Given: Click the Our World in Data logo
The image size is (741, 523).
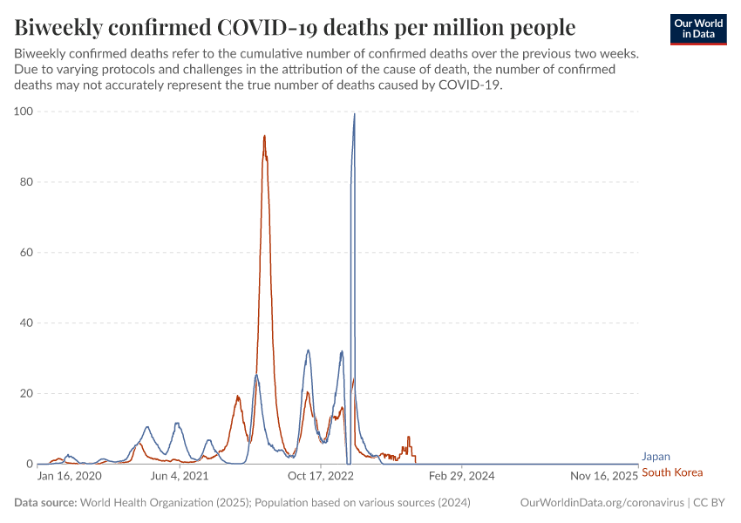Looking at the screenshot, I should coord(697,29).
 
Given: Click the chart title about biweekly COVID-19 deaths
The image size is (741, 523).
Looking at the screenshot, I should coord(295,28).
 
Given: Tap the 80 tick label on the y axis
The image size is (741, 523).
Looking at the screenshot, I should coord(25,182).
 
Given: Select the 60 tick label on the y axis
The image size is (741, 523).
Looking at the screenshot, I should coord(25,253).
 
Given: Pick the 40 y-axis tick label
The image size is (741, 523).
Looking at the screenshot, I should coord(25,323).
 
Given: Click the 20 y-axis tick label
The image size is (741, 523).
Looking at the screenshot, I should coord(25,394).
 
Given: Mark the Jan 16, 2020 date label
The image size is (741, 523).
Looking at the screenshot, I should coord(70,477).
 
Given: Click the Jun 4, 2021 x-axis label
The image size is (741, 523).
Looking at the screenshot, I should coord(179,477).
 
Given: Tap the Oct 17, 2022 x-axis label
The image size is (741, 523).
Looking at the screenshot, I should coord(322,477).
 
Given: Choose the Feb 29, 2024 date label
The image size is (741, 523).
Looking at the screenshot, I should coord(463,477).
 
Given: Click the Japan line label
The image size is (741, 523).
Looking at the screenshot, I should coord(656,456).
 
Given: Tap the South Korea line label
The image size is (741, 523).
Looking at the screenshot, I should coord(671,472).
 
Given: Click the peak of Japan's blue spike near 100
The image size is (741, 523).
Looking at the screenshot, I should coord(354,113).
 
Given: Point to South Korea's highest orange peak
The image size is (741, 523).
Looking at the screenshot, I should coord(264,136).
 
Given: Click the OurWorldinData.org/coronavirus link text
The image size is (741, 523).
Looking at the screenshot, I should coord(601,503).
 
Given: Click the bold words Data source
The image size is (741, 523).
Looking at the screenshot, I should coord(45,503).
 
